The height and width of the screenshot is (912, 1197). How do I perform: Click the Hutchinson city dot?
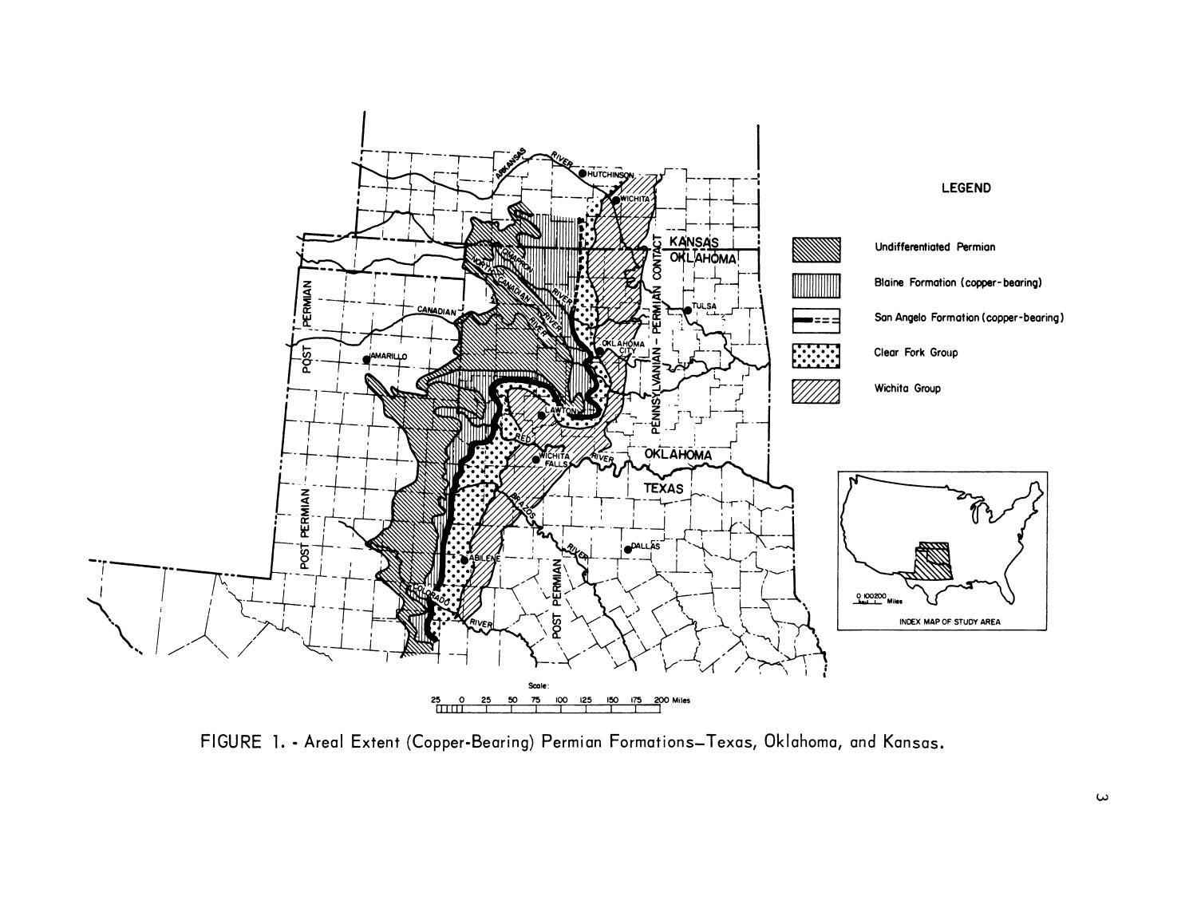(583, 174)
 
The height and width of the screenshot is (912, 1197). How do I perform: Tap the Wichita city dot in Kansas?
(615, 199)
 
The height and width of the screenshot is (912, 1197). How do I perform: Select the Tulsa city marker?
(687, 310)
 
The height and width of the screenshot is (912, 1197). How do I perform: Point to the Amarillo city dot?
(366, 359)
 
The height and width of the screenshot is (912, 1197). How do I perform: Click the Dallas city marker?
(627, 550)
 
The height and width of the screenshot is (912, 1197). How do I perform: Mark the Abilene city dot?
(464, 559)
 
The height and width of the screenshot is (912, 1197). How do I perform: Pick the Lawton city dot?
(541, 415)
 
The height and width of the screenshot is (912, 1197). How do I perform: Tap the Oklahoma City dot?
(599, 351)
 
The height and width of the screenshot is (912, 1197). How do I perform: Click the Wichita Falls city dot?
(535, 460)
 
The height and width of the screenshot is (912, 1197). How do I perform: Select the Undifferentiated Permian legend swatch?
(816, 249)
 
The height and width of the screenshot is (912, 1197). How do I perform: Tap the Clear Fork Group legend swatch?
(816, 355)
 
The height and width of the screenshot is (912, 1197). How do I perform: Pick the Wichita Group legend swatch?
(816, 391)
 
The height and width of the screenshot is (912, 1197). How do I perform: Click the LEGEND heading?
(966, 188)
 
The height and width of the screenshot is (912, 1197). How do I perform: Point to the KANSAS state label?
(693, 243)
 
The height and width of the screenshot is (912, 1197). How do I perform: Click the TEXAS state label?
(664, 489)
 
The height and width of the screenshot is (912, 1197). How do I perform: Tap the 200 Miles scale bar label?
(671, 700)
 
